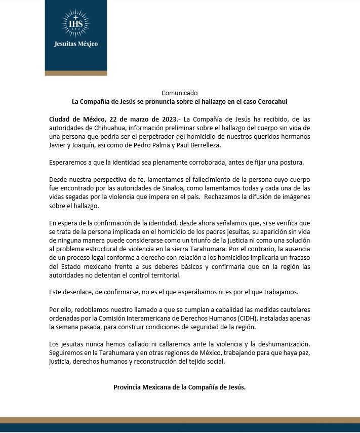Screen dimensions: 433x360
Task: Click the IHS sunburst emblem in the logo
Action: [x=75, y=23]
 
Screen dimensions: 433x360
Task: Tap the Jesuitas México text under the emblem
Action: [x=75, y=44]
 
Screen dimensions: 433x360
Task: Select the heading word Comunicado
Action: [x=180, y=93]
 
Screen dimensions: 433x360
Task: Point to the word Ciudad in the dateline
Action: [x=61, y=119]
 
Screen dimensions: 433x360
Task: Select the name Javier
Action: [x=60, y=145]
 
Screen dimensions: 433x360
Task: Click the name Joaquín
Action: [x=89, y=145]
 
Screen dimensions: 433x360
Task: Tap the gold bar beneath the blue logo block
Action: [x=75, y=73]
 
